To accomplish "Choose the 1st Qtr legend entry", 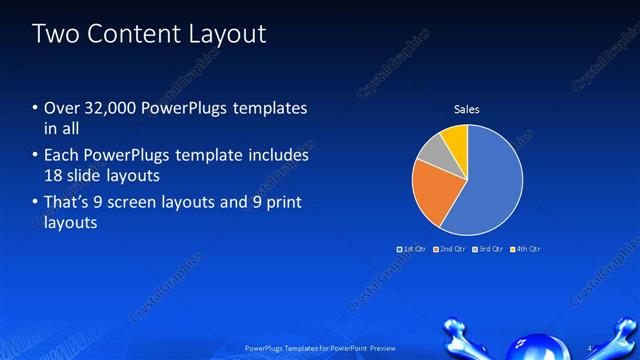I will (412, 248).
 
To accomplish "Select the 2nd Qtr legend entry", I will (450, 248).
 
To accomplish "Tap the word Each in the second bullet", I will (61, 156).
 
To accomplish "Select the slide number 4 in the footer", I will (590, 348).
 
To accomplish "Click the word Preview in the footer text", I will (383, 348).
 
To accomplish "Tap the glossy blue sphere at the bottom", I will (527, 349).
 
